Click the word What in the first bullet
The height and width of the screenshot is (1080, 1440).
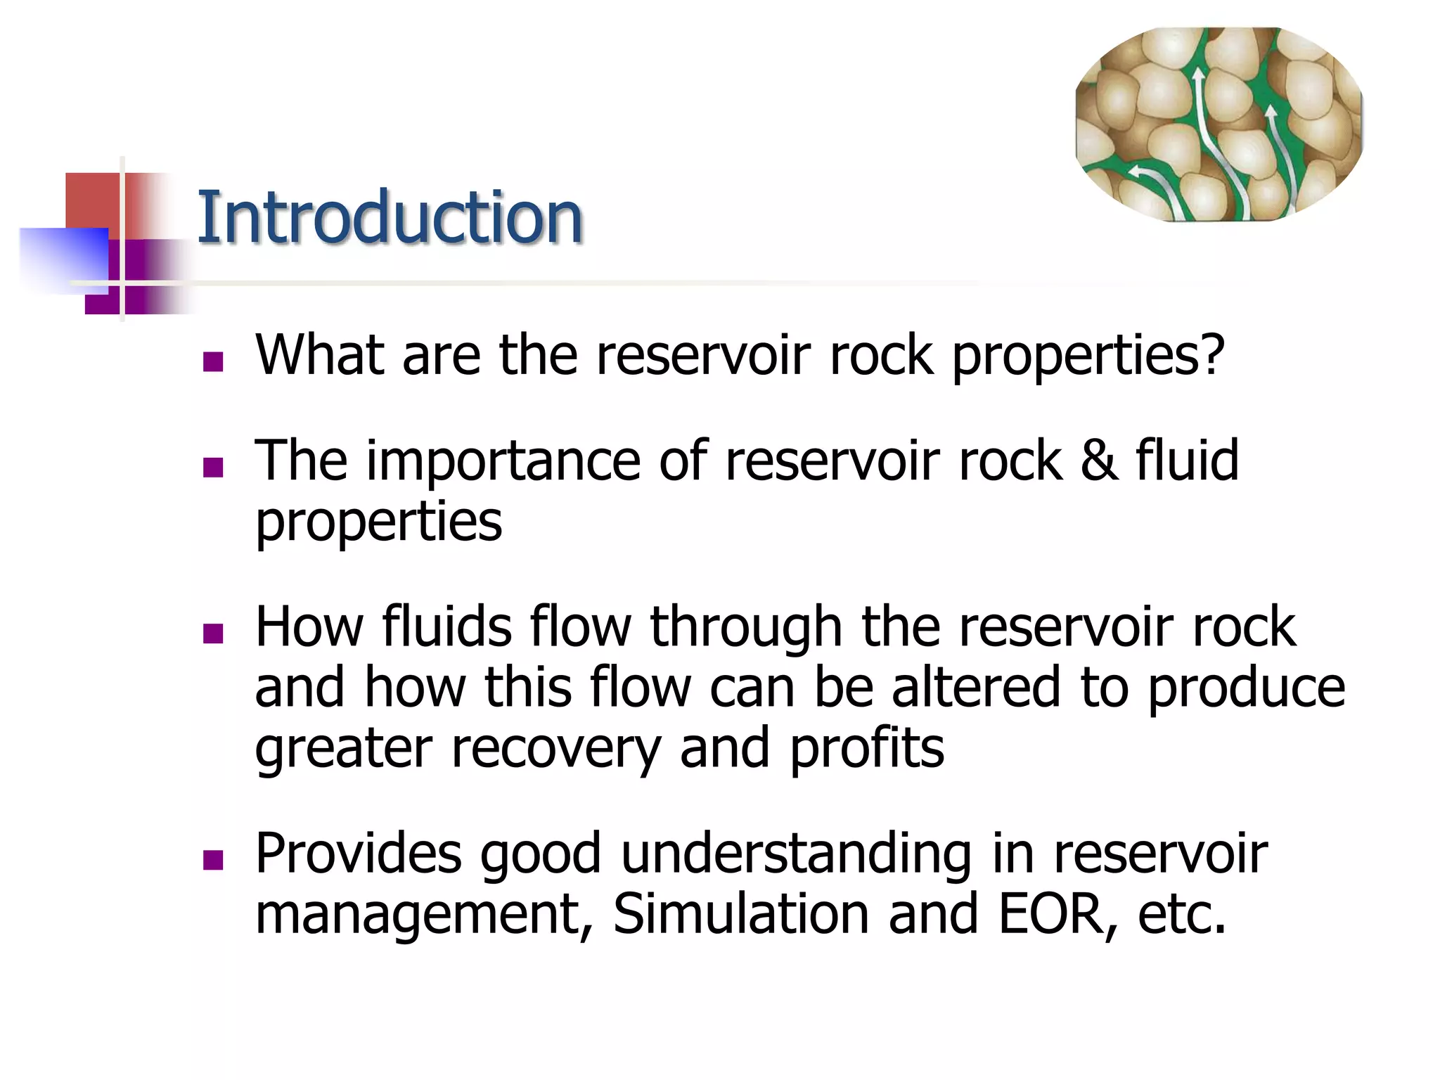[x=320, y=355]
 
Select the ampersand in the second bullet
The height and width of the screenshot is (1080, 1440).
[x=1099, y=461]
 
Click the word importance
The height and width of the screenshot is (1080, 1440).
[x=503, y=462]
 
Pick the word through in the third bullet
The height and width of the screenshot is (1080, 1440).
[x=746, y=626]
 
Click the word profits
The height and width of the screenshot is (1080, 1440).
[x=867, y=749]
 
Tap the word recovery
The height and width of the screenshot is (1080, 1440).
[x=555, y=749]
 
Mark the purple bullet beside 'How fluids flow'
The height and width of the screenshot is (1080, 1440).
[x=212, y=634]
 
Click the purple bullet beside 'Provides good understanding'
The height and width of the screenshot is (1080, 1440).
[x=212, y=860]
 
